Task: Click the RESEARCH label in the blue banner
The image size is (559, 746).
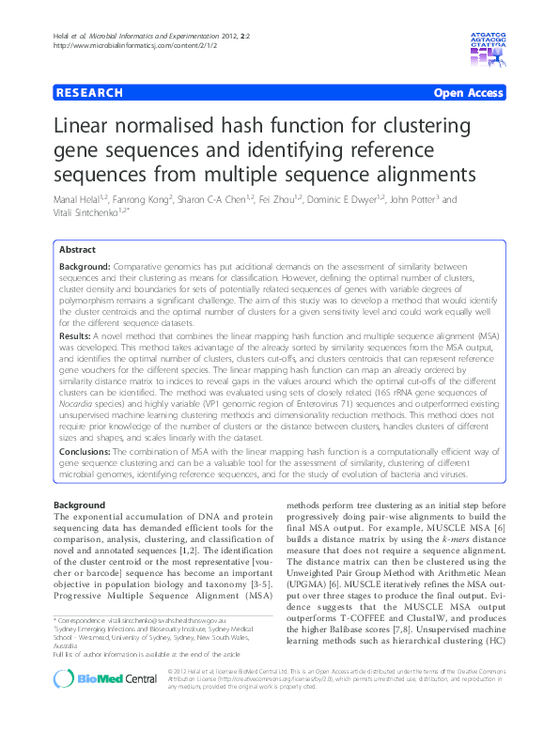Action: [90, 93]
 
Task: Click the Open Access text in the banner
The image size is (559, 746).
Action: [467, 93]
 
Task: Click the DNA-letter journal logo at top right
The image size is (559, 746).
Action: [487, 39]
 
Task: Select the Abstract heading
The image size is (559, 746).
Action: [77, 251]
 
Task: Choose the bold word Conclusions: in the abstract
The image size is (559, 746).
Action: [91, 452]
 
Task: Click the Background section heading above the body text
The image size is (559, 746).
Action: [81, 505]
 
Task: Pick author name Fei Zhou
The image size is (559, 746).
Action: [294, 200]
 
